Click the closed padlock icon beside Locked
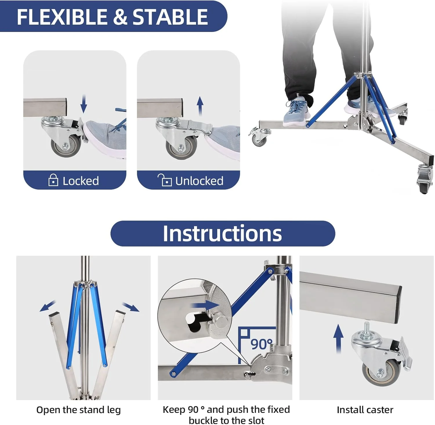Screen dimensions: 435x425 (x=53, y=180)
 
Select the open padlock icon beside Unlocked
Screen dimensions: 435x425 (x=164, y=180)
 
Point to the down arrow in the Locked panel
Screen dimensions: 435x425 (x=84, y=104)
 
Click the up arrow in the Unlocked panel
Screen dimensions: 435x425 (x=200, y=106)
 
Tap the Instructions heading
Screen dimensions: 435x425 (x=222, y=234)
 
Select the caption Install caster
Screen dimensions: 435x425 (x=365, y=410)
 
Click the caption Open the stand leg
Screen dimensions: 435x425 (x=79, y=410)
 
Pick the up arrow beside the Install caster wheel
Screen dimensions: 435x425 (x=338, y=339)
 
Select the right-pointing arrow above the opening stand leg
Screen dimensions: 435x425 (x=131, y=307)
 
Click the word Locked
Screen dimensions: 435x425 (x=81, y=181)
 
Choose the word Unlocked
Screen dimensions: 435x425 (x=199, y=181)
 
